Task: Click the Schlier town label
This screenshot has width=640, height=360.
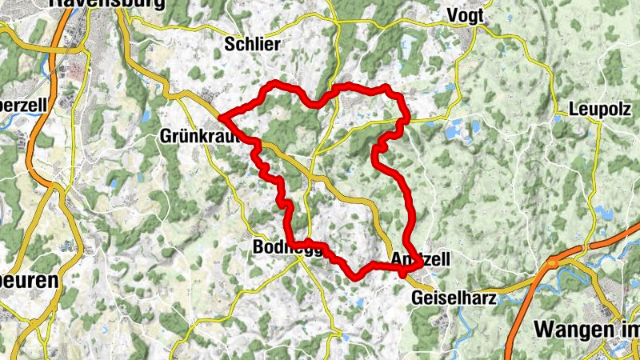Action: pyautogui.click(x=253, y=45)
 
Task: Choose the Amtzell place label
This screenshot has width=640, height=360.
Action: pyautogui.click(x=422, y=259)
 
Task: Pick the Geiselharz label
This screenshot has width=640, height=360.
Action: pyautogui.click(x=454, y=298)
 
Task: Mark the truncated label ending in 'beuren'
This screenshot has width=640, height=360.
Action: pyautogui.click(x=29, y=282)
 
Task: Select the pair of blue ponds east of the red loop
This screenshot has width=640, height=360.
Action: pyautogui.click(x=460, y=128)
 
